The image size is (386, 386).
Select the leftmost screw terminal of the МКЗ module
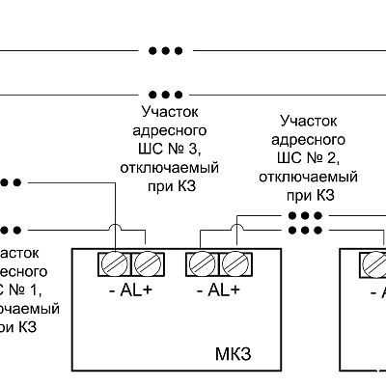(x=115, y=262)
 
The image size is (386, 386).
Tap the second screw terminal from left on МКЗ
(x=145, y=262)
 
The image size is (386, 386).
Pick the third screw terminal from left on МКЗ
(x=204, y=262)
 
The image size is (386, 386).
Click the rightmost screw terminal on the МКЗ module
(x=234, y=262)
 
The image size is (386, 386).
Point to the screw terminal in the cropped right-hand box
(x=374, y=262)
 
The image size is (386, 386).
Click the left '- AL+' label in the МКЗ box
(x=129, y=289)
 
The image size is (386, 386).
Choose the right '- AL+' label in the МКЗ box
(x=218, y=289)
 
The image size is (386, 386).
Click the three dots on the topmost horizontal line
(x=165, y=50)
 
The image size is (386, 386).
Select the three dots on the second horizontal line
(x=165, y=95)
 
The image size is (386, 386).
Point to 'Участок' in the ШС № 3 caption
(x=167, y=112)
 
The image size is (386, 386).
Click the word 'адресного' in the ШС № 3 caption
(x=167, y=130)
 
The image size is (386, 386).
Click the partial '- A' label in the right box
(x=375, y=289)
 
